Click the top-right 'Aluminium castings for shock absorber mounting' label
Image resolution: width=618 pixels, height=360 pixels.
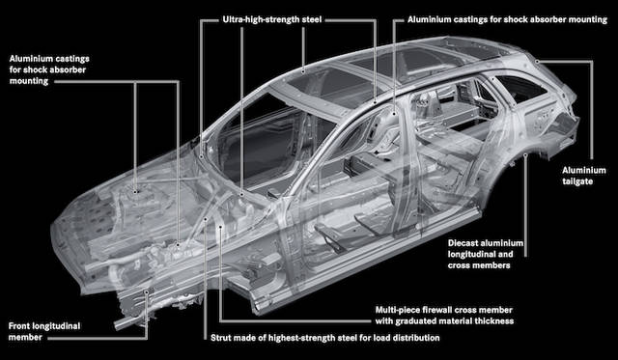[x=506, y=18]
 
